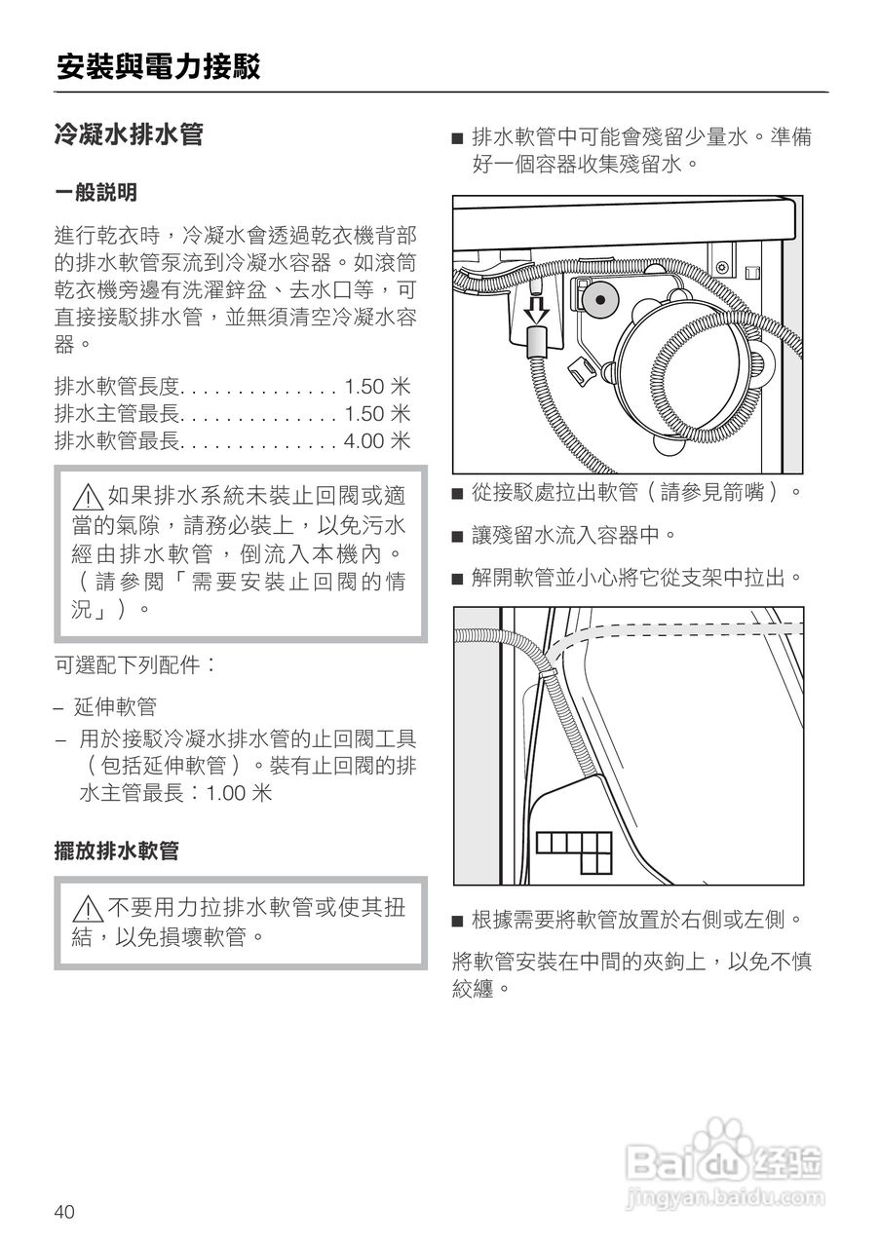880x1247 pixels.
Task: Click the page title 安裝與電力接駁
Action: [158, 67]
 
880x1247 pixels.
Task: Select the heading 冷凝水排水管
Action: [128, 133]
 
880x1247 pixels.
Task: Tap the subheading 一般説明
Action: [96, 193]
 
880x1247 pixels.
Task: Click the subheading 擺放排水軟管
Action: [116, 850]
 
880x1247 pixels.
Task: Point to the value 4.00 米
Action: [376, 441]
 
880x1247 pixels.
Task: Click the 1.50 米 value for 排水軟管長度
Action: [376, 387]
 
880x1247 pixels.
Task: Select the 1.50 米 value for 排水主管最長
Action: [376, 414]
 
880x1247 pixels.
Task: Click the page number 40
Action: [64, 1212]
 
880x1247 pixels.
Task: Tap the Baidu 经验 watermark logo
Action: [725, 1160]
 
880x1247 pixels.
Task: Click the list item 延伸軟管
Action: [115, 706]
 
